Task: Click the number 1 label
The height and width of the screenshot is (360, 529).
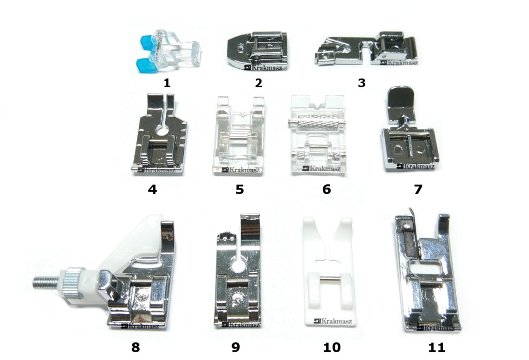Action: pos(167,83)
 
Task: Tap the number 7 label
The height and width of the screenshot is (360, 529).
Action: pos(418,190)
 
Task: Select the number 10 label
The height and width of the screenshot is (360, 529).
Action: pos(332,347)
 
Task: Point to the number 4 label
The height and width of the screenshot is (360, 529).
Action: pos(152,190)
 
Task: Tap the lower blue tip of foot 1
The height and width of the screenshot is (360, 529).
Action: pos(144,64)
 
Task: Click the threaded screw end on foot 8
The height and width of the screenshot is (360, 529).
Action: pos(46,282)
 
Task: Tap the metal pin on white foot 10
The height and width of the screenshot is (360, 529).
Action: pos(329,278)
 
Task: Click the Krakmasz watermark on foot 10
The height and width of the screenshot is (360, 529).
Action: pos(333,321)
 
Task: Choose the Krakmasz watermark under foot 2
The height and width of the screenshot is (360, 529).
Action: pos(263,67)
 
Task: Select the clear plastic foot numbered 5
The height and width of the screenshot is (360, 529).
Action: pos(238,136)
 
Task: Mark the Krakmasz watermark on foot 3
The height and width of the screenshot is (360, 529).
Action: pos(399,62)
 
